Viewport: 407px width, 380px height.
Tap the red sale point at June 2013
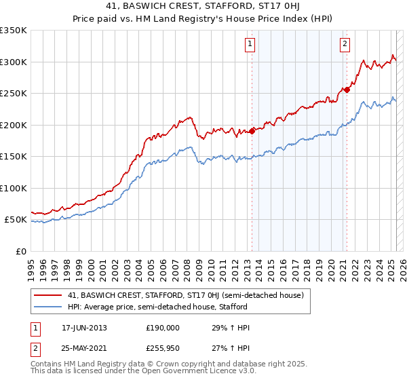(252, 131)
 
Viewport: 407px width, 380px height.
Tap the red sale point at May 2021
(347, 89)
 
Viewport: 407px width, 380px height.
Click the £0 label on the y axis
(21, 251)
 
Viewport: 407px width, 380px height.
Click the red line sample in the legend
(48, 295)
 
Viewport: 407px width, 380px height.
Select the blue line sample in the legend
(48, 307)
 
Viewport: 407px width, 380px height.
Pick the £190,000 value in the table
(163, 327)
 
